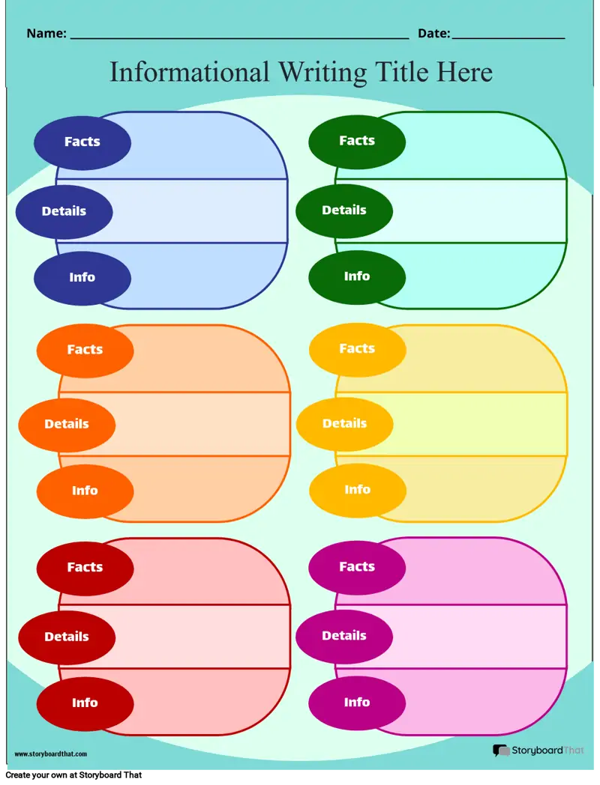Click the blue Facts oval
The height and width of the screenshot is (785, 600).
coord(82,142)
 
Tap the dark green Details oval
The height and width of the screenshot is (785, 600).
coord(344,210)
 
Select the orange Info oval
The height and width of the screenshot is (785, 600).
coord(85,491)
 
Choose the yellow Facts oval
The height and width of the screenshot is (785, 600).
coord(358,349)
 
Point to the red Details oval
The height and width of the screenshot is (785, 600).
coord(67,637)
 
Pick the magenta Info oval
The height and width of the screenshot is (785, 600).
coord(357,703)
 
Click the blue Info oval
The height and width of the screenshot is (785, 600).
coord(82,278)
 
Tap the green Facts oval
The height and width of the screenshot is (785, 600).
coord(357,142)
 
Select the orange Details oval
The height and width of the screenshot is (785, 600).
coord(67,425)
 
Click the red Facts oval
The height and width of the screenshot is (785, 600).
coord(85,569)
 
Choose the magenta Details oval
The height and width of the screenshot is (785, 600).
coord(344,636)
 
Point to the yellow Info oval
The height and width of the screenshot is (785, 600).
coord(358,490)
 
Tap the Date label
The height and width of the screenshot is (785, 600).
coord(434,34)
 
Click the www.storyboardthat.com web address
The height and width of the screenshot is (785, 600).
coord(51,754)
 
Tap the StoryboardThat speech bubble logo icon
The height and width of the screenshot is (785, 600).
coord(501,750)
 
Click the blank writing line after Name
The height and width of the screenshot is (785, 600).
coord(239,38)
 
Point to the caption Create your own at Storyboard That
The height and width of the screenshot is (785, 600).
coord(73,775)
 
